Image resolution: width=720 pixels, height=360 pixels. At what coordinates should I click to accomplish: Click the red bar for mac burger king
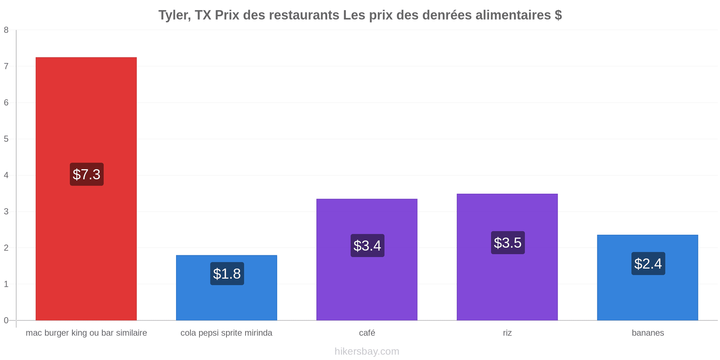pos(86,189)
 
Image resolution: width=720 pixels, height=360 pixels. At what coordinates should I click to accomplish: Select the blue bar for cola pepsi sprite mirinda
pos(226,288)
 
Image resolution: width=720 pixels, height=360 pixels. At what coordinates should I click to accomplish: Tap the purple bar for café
pos(367,260)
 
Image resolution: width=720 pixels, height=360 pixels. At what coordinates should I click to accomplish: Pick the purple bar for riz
pos(507,257)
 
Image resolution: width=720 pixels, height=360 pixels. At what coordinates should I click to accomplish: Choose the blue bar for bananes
pos(648,278)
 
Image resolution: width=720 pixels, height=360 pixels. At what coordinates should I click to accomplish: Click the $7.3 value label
pos(87,174)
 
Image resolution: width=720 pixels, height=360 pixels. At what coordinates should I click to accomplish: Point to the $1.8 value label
pos(227,274)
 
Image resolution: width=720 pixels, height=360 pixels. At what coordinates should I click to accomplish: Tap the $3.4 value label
pos(368,246)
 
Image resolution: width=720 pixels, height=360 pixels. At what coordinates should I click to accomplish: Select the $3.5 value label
pos(508,243)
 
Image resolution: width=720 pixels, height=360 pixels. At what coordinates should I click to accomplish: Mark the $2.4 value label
pos(648,264)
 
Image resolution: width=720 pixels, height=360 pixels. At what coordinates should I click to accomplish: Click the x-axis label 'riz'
pos(507,333)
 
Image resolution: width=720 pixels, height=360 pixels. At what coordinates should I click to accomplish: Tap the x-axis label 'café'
pos(367,333)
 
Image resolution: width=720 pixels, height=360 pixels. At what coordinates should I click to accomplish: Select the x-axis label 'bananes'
pos(648,333)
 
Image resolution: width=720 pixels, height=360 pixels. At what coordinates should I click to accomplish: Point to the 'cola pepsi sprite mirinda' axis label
pos(226,333)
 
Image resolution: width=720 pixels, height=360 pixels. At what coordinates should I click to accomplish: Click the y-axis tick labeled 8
pos(6,30)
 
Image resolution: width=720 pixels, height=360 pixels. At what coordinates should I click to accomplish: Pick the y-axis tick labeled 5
pos(6,139)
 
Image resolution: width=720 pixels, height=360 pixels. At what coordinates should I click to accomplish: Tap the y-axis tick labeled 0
pos(6,320)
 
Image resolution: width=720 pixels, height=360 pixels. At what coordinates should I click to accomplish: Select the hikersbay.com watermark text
pos(367,351)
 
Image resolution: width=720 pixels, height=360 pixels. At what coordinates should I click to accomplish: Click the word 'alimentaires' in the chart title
pos(513,15)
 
